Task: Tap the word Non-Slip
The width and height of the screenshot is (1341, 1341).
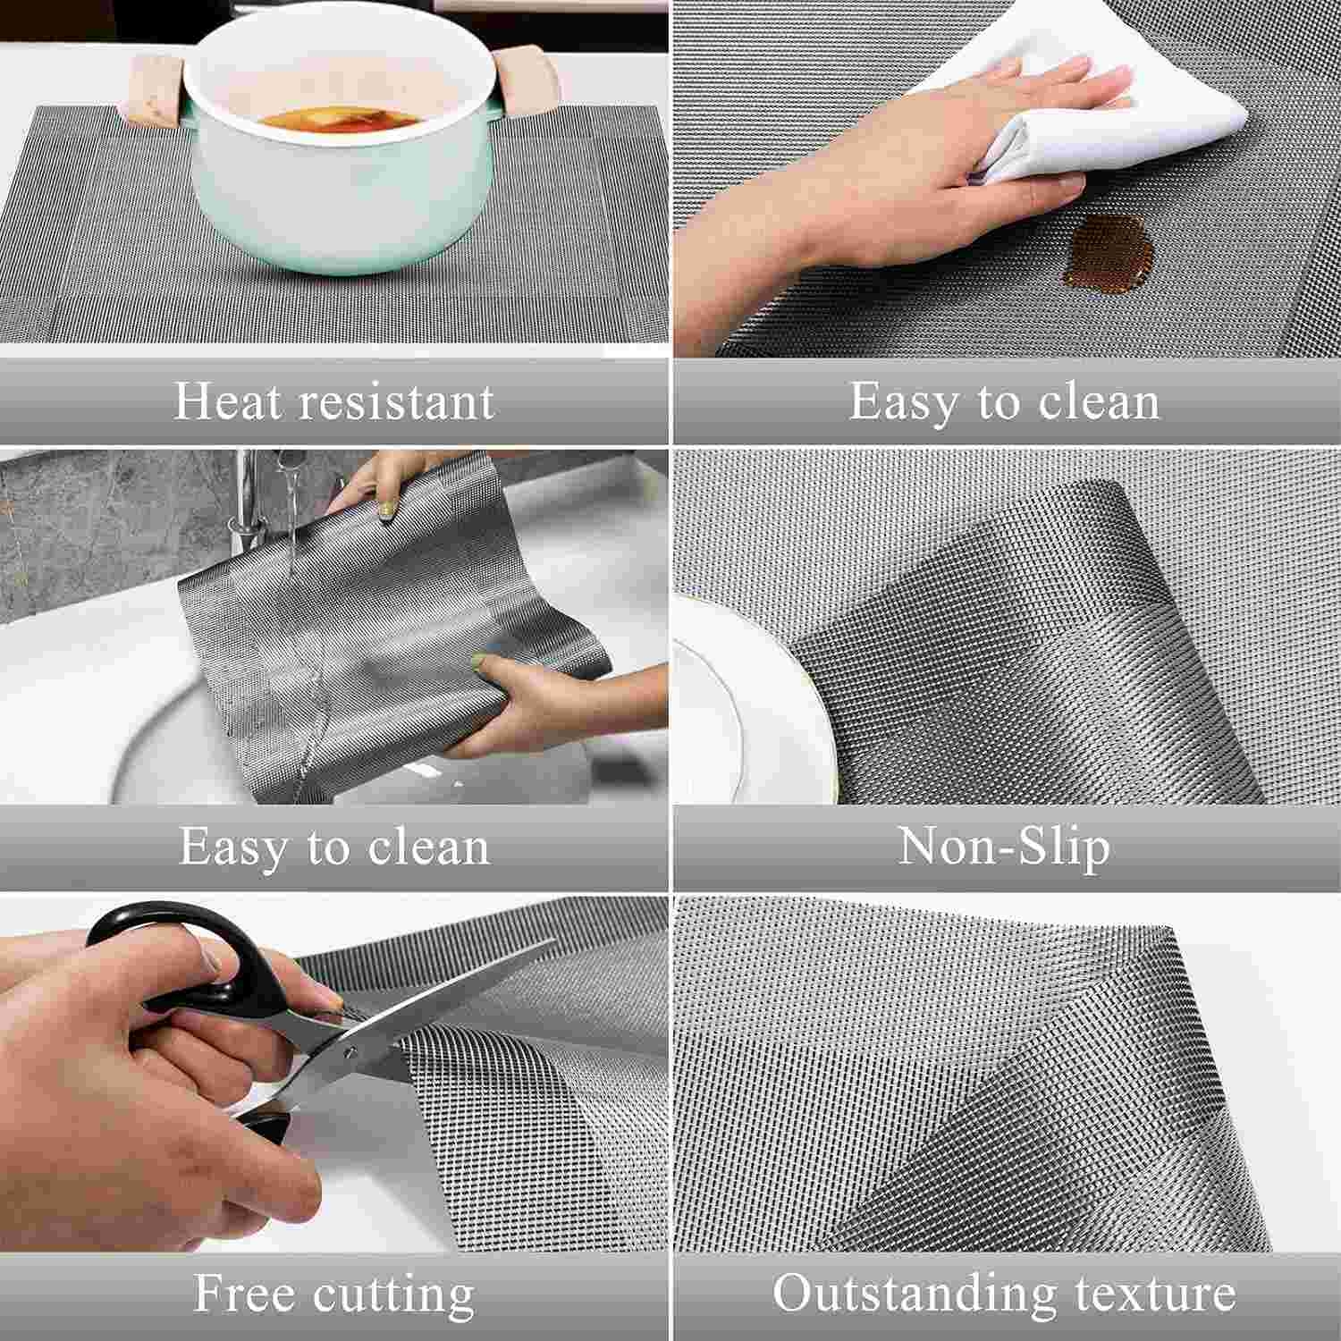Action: (1003, 846)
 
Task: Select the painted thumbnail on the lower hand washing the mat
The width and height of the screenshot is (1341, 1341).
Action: (482, 662)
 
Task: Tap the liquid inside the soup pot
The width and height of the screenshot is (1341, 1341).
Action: (331, 120)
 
